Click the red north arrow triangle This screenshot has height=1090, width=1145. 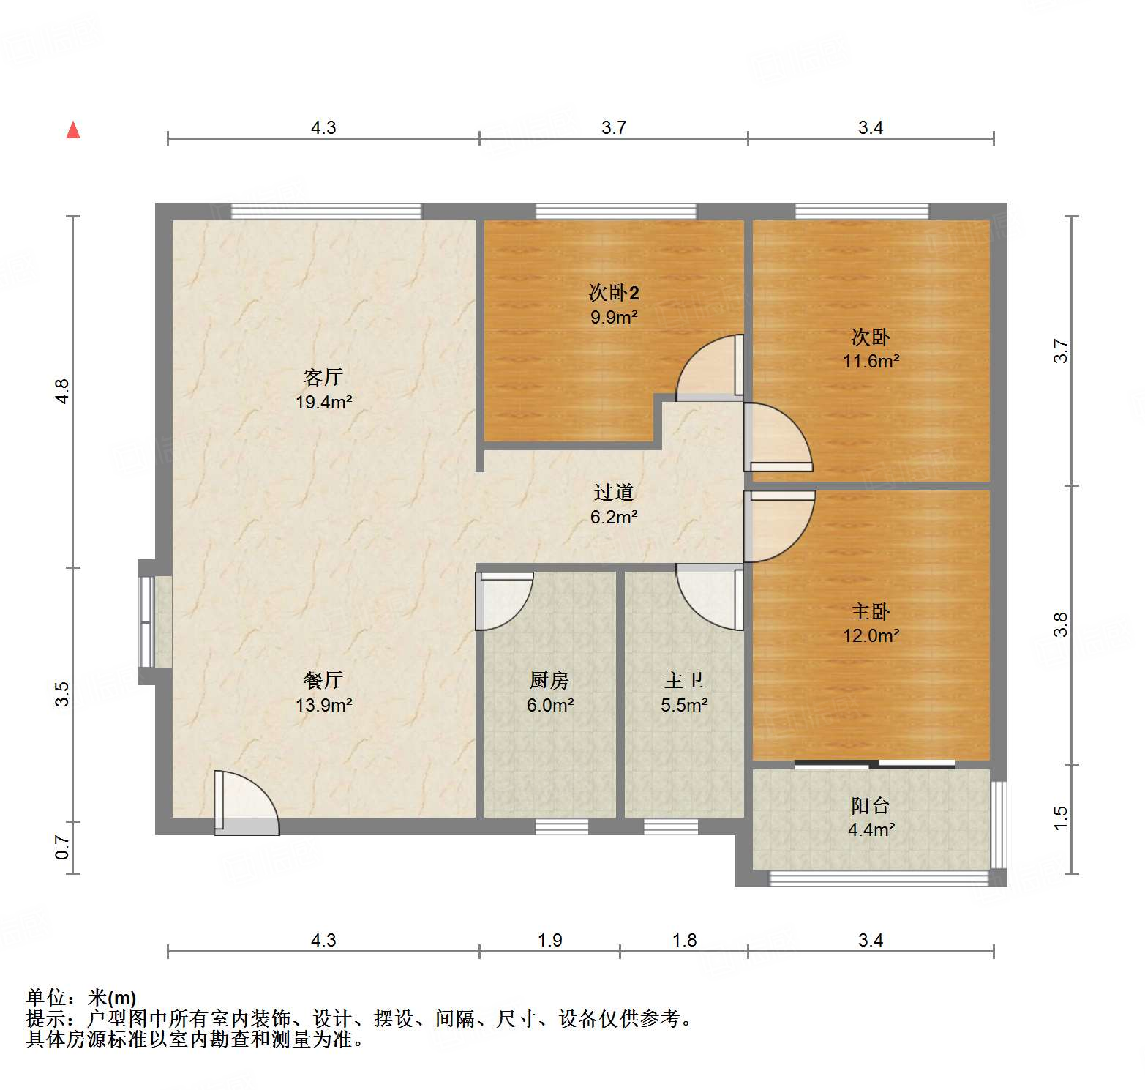pyautogui.click(x=73, y=130)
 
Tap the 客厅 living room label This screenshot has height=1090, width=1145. pyautogui.click(x=323, y=377)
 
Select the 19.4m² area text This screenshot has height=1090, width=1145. pyautogui.click(x=323, y=402)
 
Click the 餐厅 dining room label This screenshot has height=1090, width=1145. pyautogui.click(x=323, y=680)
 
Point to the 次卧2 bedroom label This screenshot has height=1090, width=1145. pyautogui.click(x=614, y=293)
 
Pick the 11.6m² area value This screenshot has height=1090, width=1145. pyautogui.click(x=871, y=361)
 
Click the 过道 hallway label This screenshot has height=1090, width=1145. pyautogui.click(x=614, y=492)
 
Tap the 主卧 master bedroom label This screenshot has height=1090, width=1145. pyautogui.click(x=871, y=611)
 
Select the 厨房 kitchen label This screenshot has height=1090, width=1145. pyautogui.click(x=549, y=680)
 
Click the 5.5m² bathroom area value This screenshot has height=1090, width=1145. pyautogui.click(x=684, y=705)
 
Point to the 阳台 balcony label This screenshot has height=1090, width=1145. pyautogui.click(x=871, y=805)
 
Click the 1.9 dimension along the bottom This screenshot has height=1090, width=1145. pyautogui.click(x=549, y=940)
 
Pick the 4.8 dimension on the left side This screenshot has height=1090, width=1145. pyautogui.click(x=63, y=391)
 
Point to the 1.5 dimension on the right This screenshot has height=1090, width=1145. pyautogui.click(x=1060, y=818)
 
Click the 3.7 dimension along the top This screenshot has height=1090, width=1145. pyautogui.click(x=614, y=127)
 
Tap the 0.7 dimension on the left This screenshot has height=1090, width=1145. pyautogui.click(x=63, y=847)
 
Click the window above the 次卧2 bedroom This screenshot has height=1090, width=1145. pyautogui.click(x=616, y=212)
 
